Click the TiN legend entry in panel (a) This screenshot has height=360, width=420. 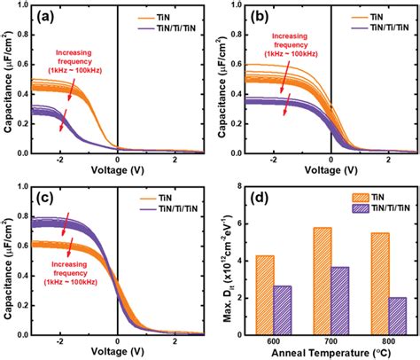172,16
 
